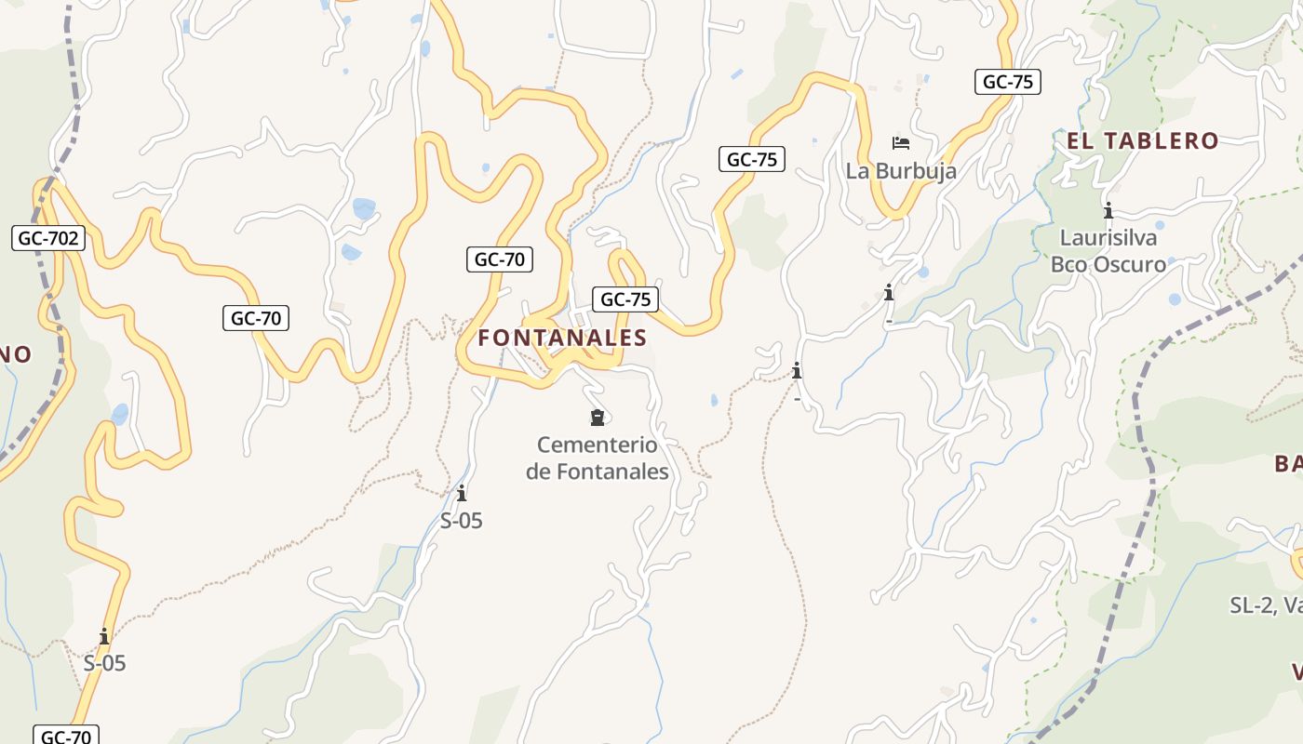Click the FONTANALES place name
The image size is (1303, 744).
click(x=562, y=338)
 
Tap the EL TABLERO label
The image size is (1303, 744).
click(x=1142, y=140)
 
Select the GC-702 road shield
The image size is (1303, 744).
click(x=49, y=238)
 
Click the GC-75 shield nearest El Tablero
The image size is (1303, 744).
click(x=1008, y=82)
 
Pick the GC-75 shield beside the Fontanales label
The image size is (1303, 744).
click(x=625, y=299)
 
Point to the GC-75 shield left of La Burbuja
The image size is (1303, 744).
click(x=752, y=159)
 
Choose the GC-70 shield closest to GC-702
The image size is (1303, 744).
click(x=256, y=318)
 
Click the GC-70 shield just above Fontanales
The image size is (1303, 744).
click(x=500, y=259)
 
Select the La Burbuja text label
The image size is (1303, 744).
click(x=901, y=171)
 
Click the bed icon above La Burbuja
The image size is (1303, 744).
click(x=900, y=142)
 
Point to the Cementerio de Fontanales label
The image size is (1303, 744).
click(x=598, y=458)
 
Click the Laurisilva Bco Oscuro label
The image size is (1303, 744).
click(x=1108, y=251)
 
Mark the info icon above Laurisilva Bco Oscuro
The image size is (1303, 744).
click(x=1108, y=210)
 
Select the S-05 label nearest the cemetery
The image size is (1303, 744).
click(x=462, y=521)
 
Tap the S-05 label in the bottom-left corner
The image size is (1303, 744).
click(x=104, y=664)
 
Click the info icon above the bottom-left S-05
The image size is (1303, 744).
click(x=104, y=637)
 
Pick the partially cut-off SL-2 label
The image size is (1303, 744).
click(x=1266, y=605)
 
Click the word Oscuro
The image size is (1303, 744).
click(x=1131, y=265)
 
